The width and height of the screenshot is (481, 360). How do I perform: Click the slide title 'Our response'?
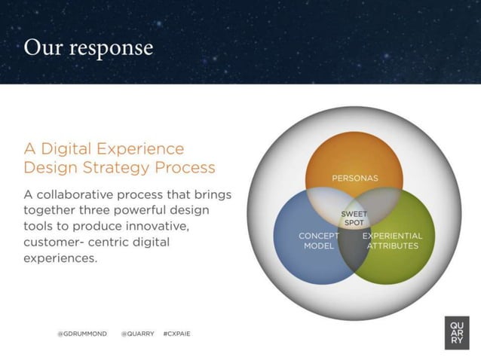88,47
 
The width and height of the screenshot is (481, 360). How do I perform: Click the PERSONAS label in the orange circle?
354,178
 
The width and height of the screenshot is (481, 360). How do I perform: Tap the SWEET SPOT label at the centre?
354,218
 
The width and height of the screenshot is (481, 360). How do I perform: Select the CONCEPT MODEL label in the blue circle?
319,241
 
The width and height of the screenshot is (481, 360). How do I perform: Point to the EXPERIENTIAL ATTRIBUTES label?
392,241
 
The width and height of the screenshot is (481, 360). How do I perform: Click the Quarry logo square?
457,332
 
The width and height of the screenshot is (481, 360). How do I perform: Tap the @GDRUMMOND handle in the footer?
82,333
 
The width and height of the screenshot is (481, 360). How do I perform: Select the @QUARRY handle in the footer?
137,333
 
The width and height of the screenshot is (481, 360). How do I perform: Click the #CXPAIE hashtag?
176,333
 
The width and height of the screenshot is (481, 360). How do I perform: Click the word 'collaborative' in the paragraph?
80,194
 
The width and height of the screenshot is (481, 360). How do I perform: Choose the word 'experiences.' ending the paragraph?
60,258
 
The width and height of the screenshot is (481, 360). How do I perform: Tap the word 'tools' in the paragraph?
39,226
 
